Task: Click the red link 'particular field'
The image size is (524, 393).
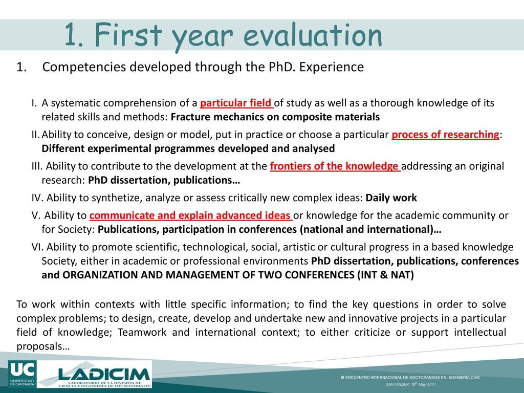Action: click(x=236, y=103)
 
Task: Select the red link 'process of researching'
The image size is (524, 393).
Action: click(x=446, y=135)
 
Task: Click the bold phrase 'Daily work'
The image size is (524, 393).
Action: click(x=391, y=198)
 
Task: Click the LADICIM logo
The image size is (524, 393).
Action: click(x=95, y=374)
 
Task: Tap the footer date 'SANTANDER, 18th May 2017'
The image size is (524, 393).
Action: click(x=411, y=384)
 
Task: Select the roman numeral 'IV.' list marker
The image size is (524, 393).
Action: click(x=37, y=198)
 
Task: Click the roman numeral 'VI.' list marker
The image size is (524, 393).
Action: click(x=37, y=247)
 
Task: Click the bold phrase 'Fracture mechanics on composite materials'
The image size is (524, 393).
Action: click(x=275, y=117)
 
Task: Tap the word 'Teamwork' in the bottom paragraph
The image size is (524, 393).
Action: click(x=142, y=333)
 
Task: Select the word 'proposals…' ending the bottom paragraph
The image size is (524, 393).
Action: click(x=43, y=346)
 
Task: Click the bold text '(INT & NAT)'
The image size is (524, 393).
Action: click(x=385, y=275)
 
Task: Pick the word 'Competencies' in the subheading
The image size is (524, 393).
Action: click(x=84, y=67)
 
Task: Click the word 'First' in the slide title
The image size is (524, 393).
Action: click(x=128, y=34)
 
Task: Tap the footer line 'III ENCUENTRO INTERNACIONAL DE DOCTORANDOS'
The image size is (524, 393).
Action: click(x=410, y=378)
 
